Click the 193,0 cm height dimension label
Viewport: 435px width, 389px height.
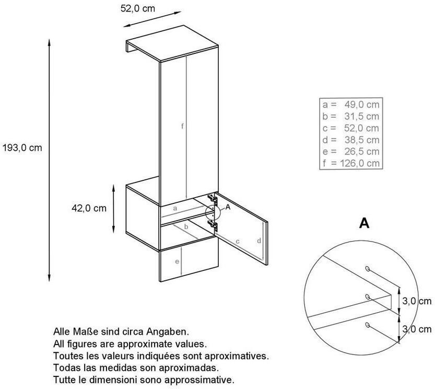(21, 147)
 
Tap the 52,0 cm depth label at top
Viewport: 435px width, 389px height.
(137, 8)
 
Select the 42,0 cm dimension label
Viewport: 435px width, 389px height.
(89, 208)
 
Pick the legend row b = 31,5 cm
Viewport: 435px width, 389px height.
(351, 116)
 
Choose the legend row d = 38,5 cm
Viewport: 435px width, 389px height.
(351, 140)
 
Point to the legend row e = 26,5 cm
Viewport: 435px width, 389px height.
(351, 152)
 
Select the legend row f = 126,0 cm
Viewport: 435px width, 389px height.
(351, 164)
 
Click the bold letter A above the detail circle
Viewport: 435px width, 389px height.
(364, 224)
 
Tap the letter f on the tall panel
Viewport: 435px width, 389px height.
(183, 126)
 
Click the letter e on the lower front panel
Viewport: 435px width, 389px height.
(178, 261)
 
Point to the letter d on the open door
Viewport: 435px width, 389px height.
(259, 241)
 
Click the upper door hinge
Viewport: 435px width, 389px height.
(211, 199)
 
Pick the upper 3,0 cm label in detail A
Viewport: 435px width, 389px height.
(417, 301)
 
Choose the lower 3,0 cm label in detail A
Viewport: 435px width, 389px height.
(417, 329)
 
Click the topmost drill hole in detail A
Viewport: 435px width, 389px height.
(368, 269)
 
